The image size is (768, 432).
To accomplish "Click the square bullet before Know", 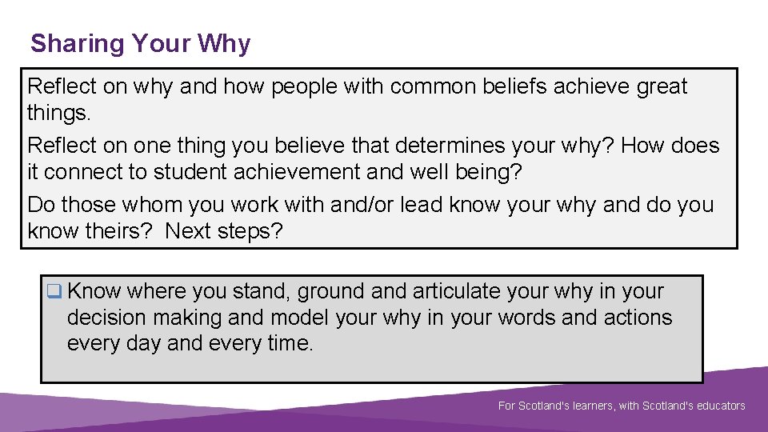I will [x=54, y=292].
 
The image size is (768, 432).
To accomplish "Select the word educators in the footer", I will [x=718, y=406].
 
